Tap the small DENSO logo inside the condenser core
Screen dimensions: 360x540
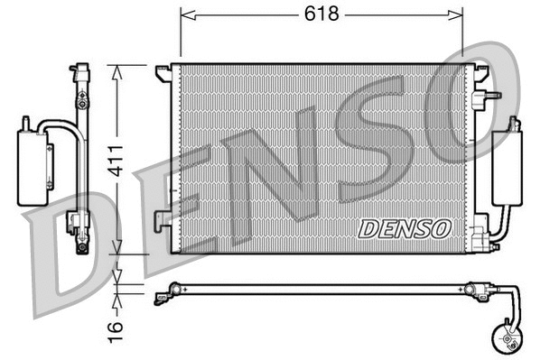point(405,229)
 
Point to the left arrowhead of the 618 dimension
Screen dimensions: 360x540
point(186,14)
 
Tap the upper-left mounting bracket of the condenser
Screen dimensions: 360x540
point(163,70)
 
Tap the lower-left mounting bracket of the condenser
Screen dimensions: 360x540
point(162,219)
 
